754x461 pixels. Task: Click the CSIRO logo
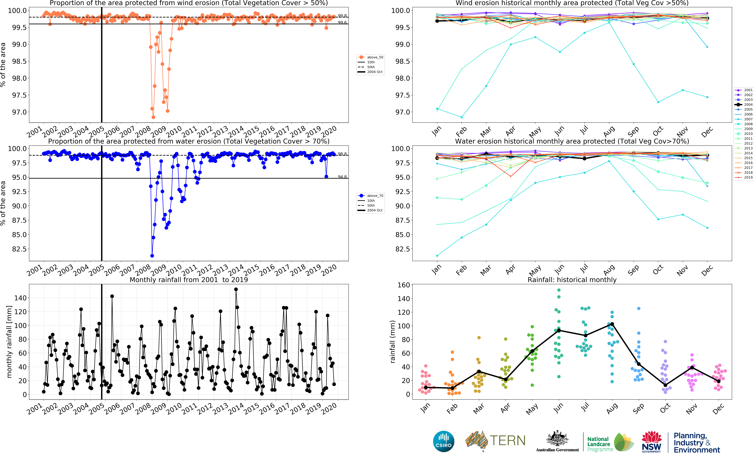tap(443, 441)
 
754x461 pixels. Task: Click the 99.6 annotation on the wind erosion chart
tap(342, 22)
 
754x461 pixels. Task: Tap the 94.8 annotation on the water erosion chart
tap(342, 177)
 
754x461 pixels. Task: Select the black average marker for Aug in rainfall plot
tap(612, 324)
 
